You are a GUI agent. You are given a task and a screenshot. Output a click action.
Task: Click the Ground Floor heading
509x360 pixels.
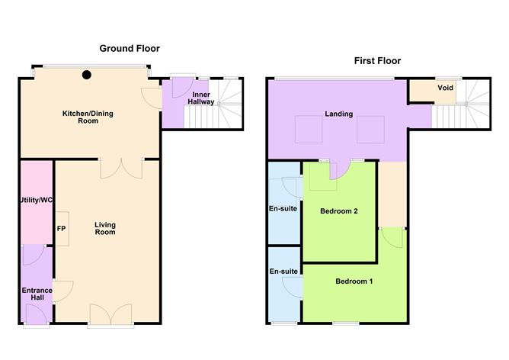130,48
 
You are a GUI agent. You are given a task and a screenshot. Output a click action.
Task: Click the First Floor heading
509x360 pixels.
376,60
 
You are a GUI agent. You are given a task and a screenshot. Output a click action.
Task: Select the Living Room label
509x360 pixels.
104,227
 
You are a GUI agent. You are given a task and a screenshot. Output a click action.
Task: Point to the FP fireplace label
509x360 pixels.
61,227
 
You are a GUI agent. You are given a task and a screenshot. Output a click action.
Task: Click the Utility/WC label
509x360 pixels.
34,201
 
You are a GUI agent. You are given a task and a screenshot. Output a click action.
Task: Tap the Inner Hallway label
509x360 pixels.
200,98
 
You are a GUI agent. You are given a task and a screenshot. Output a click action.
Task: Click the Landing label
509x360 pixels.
338,114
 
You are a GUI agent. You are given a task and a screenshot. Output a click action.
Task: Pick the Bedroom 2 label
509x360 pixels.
339,211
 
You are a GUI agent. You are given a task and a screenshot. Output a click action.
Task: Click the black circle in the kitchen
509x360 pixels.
88,75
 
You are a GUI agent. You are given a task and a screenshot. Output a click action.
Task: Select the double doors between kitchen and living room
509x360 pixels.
122,166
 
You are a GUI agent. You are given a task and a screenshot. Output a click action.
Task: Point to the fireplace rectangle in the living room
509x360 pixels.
61,228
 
